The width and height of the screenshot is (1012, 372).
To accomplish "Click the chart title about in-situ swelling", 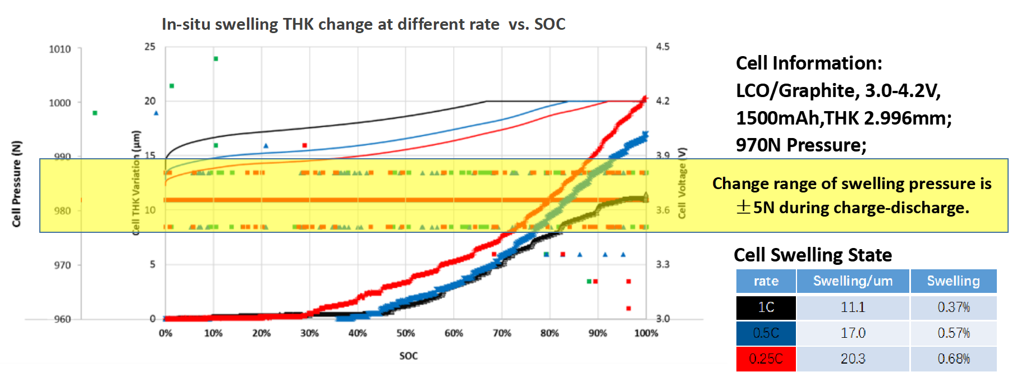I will pyautogui.click(x=363, y=24).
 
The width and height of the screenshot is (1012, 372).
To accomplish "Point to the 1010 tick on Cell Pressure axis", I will pyautogui.click(x=60, y=49).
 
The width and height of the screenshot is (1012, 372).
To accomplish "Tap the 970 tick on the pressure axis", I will pyautogui.click(x=62, y=265).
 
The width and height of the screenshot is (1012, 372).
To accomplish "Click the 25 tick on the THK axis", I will pyautogui.click(x=150, y=47).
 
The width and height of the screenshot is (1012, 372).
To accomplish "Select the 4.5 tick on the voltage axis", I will pyautogui.click(x=662, y=47).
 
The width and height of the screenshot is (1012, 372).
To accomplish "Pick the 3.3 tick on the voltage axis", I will pyautogui.click(x=662, y=264).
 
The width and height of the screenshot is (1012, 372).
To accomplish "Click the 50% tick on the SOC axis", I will pyautogui.click(x=406, y=333).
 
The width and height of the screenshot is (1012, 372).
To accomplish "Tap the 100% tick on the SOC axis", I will pyautogui.click(x=646, y=333).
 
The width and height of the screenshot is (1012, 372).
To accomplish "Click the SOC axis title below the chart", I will pyautogui.click(x=408, y=356).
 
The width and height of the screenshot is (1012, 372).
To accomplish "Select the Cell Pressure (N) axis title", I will pyautogui.click(x=16, y=184).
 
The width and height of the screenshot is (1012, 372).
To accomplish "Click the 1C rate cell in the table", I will pyautogui.click(x=766, y=307).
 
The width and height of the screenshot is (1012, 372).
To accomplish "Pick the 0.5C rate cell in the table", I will pyautogui.click(x=766, y=333).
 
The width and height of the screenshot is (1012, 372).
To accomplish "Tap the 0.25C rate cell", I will pyautogui.click(x=766, y=359).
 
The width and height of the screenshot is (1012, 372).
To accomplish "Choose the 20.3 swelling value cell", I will pyautogui.click(x=853, y=359).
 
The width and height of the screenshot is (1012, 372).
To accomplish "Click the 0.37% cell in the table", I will pyautogui.click(x=953, y=307).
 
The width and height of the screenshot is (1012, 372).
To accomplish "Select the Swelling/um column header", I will pyautogui.click(x=853, y=281).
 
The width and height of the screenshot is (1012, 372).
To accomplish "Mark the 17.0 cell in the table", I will pyautogui.click(x=853, y=333).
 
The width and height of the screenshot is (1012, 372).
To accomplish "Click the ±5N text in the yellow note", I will pyautogui.click(x=752, y=208).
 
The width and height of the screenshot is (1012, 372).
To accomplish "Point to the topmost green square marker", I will pyautogui.click(x=216, y=58).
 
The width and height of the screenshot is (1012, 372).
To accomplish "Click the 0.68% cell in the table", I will pyautogui.click(x=953, y=359).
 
